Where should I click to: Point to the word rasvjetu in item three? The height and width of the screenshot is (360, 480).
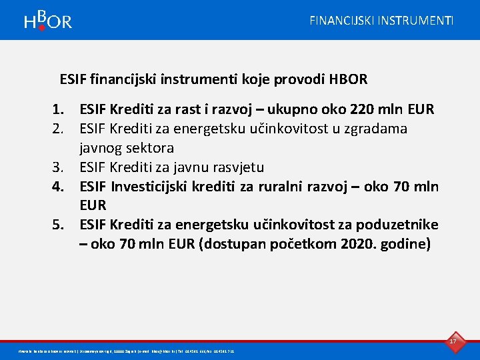[x=237, y=167]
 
